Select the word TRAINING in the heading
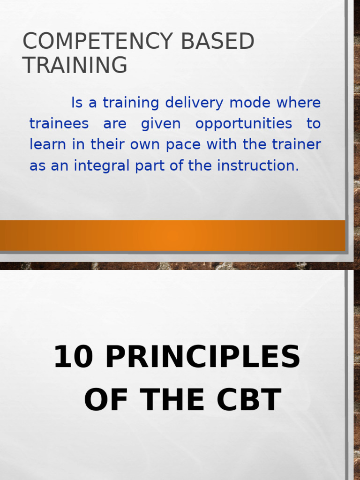[75, 65]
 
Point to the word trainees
[59, 124]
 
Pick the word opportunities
[243, 124]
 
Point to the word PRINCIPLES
[202, 357]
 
